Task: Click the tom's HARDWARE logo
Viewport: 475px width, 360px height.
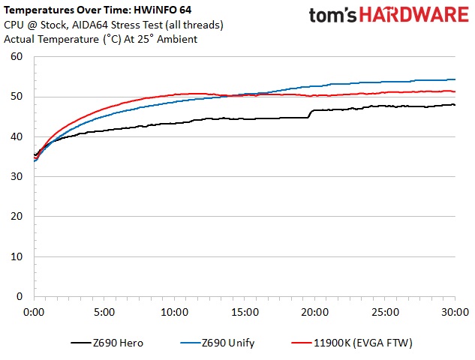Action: click(389, 16)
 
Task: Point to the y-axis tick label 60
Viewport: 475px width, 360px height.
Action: click(17, 57)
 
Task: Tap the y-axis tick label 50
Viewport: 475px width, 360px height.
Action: click(17, 97)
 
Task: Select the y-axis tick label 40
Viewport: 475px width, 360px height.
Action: click(17, 136)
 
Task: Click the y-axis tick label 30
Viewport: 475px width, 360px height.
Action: click(17, 177)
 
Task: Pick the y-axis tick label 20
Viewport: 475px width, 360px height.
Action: click(17, 217)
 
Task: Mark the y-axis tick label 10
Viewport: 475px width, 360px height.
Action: click(17, 256)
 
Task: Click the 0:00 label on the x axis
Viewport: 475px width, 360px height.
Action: click(34, 310)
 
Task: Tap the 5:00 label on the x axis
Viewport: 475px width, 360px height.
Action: click(104, 310)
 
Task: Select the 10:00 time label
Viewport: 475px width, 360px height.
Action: click(174, 310)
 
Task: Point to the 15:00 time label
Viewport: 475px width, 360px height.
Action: click(245, 310)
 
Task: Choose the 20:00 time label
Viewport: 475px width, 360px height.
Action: click(314, 310)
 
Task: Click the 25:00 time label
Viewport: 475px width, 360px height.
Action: click(385, 310)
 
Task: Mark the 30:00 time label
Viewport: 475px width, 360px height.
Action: click(455, 310)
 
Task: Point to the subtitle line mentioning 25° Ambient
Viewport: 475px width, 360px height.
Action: click(101, 38)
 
